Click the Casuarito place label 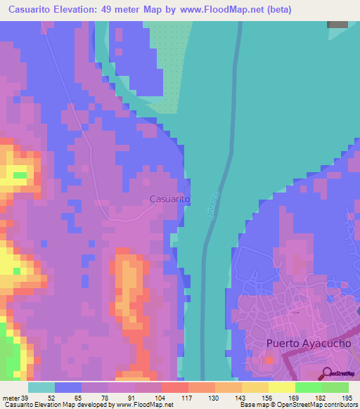[169, 200]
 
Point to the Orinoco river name [214, 204]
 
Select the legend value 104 [161, 398]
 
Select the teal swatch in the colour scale [41, 387]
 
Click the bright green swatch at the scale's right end [335, 387]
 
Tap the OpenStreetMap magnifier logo [327, 373]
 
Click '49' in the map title [112, 9]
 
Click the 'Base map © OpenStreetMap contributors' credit [297, 405]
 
